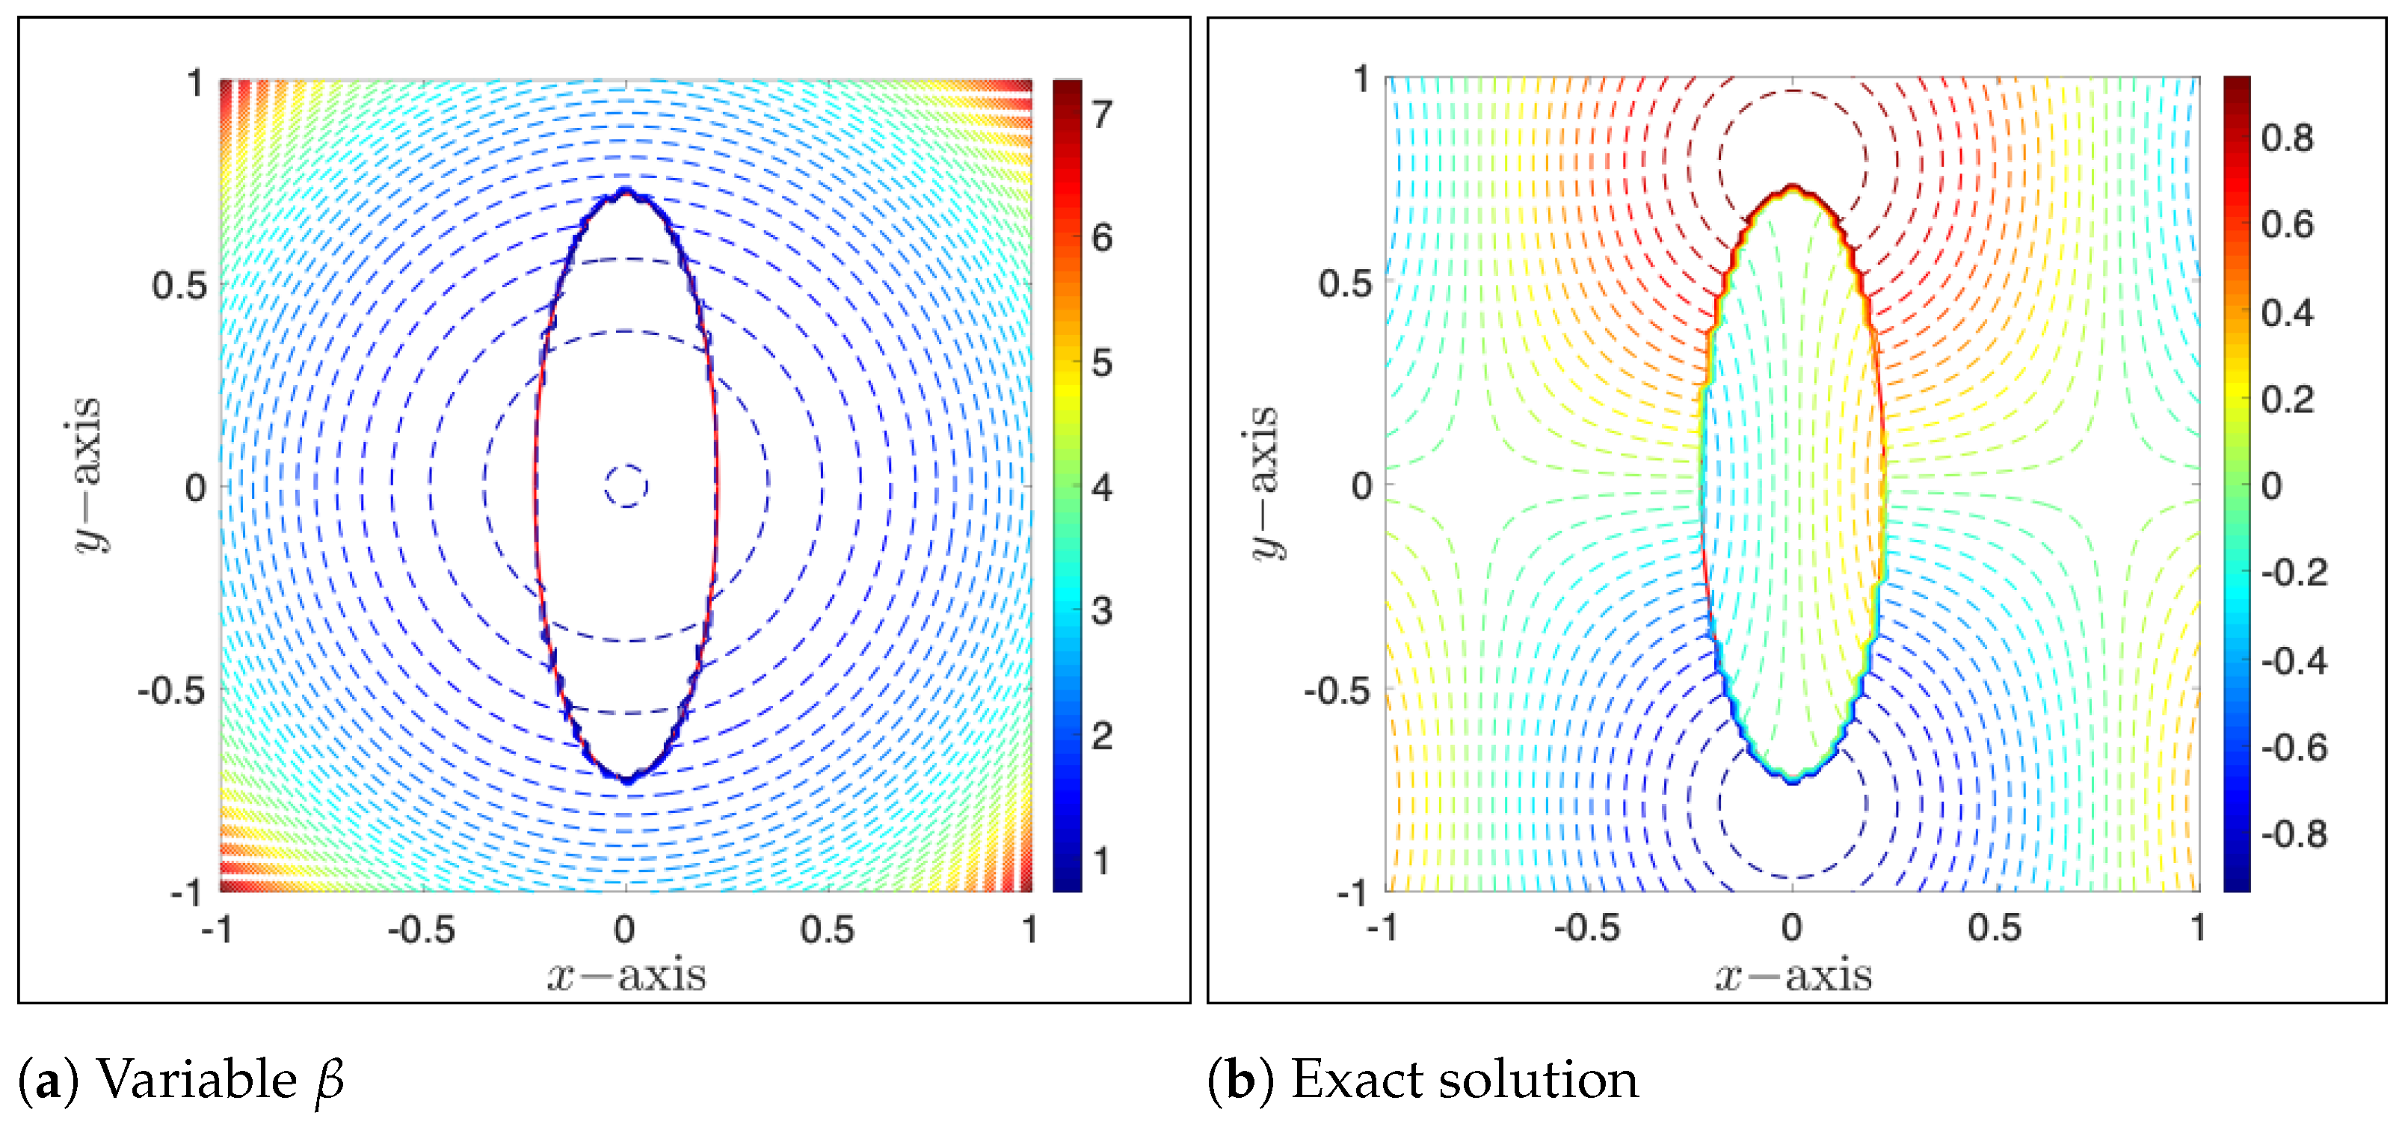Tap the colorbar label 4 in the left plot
point(1102,488)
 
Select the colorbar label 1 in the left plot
point(1102,861)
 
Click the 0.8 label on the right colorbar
point(2288,138)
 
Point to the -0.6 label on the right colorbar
point(2294,748)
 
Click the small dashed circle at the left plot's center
point(626,485)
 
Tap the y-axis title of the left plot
point(90,474)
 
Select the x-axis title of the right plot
point(1793,976)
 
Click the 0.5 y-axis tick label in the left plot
point(179,286)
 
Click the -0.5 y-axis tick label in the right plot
point(1337,692)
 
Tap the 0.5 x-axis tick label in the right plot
point(1995,928)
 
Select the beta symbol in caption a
point(330,1082)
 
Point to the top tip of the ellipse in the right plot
point(1793,188)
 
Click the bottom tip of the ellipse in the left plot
point(626,779)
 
